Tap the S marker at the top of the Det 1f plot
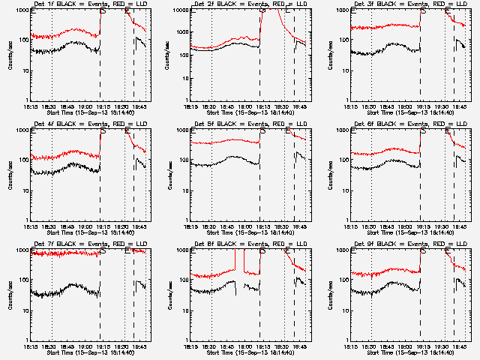(103, 10)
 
